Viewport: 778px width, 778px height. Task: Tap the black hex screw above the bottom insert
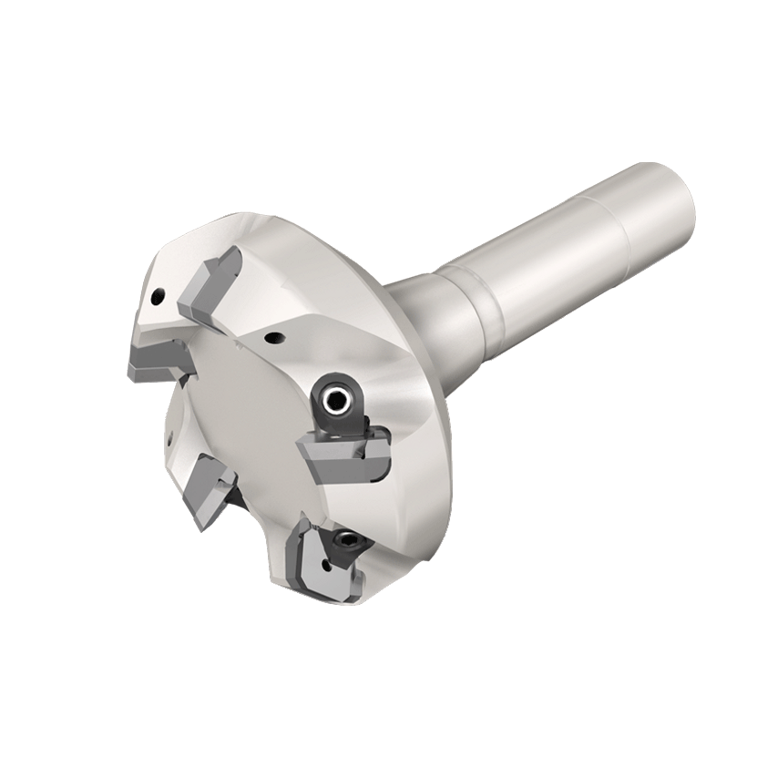click(347, 542)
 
